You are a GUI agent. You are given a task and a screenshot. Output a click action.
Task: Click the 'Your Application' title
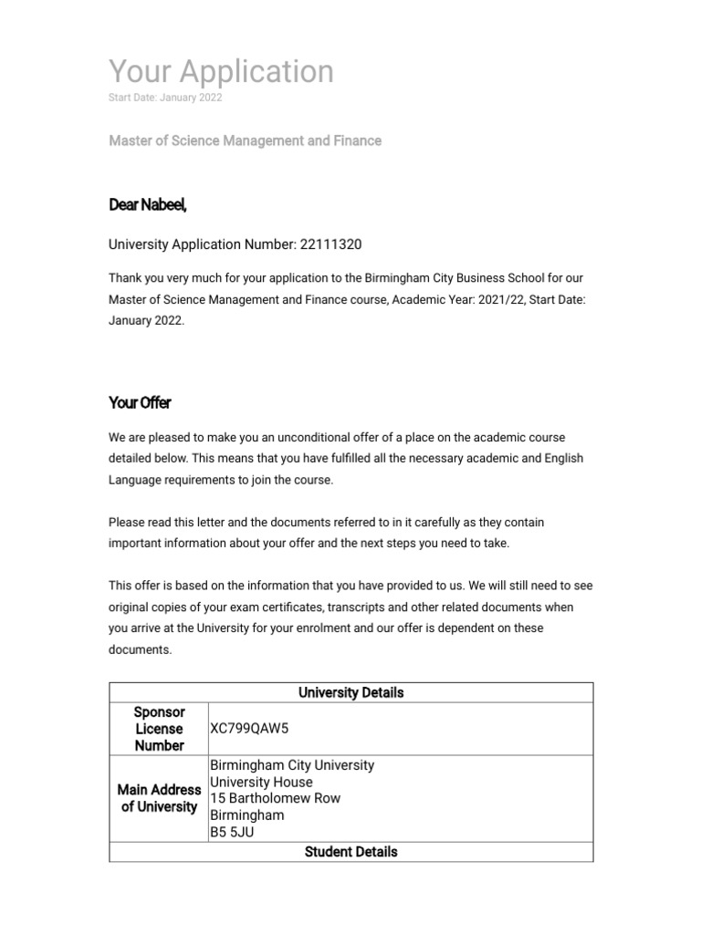tap(221, 71)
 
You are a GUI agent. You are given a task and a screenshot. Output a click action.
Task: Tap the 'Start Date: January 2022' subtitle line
tap(165, 98)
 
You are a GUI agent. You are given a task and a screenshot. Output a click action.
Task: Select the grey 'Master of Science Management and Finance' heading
tap(245, 140)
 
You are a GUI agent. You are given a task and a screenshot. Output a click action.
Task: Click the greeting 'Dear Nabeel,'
tap(148, 205)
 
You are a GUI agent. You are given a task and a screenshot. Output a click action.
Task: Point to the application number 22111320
tap(337, 244)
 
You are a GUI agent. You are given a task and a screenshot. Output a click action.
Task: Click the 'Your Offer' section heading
tap(140, 402)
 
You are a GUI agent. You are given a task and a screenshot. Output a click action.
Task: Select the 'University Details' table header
tap(350, 692)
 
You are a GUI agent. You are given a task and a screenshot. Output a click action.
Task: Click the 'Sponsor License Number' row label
tap(159, 729)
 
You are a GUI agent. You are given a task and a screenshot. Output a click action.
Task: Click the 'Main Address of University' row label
tap(159, 798)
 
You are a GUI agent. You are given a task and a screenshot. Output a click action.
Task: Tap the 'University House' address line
tap(261, 782)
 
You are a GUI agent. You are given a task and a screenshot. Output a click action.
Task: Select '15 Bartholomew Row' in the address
tap(275, 798)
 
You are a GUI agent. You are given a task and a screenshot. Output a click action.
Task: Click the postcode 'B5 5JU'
tap(233, 831)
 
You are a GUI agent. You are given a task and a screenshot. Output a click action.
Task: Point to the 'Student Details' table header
tap(350, 852)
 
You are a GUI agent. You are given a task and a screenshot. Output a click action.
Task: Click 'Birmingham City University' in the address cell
tap(292, 765)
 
